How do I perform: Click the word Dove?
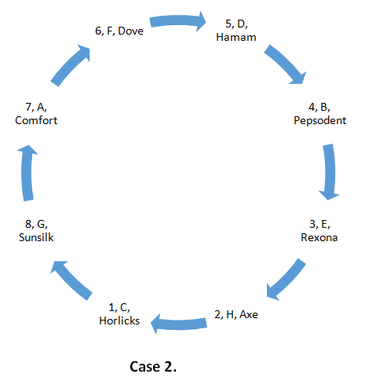[x=130, y=31]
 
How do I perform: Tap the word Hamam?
[x=236, y=37]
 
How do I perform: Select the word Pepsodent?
[x=319, y=121]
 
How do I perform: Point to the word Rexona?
[x=319, y=237]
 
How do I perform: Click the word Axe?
[x=249, y=314]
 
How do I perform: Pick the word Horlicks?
[x=119, y=321]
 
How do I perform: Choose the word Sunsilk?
[x=36, y=237]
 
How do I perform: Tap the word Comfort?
[x=36, y=120]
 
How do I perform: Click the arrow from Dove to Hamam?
[x=178, y=21]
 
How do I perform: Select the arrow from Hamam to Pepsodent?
[x=286, y=64]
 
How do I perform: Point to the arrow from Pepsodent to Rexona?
[x=330, y=171]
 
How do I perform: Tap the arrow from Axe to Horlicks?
[x=178, y=324]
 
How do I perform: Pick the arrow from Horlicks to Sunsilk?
[x=71, y=280]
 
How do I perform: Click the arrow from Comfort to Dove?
[x=71, y=65]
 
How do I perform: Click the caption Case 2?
[x=153, y=367]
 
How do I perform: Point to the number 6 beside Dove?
[x=98, y=31]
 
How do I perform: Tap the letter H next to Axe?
[x=230, y=314]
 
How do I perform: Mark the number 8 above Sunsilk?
[x=28, y=224]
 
